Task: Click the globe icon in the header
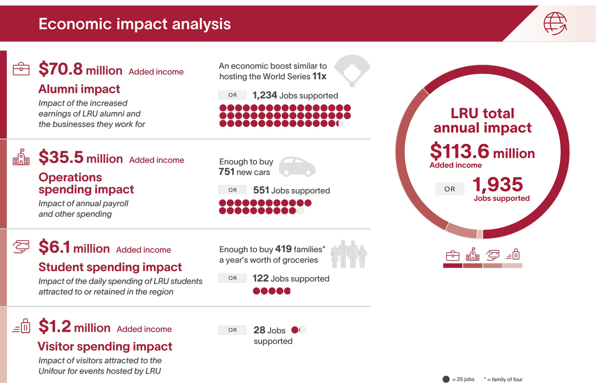(x=555, y=23)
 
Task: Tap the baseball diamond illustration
(x=352, y=70)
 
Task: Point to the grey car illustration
(x=297, y=166)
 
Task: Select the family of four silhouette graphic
(x=349, y=254)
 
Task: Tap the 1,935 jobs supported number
(x=498, y=184)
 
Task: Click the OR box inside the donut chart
(x=450, y=189)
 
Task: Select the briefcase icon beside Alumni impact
(x=21, y=69)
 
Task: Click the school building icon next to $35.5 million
(x=21, y=157)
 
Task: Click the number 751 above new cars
(x=226, y=172)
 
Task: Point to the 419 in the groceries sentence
(x=284, y=249)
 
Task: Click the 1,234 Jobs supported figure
(x=265, y=95)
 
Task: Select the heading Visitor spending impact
(x=105, y=346)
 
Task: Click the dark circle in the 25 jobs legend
(x=446, y=379)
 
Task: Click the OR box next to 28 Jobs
(x=232, y=330)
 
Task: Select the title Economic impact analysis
(x=135, y=24)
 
